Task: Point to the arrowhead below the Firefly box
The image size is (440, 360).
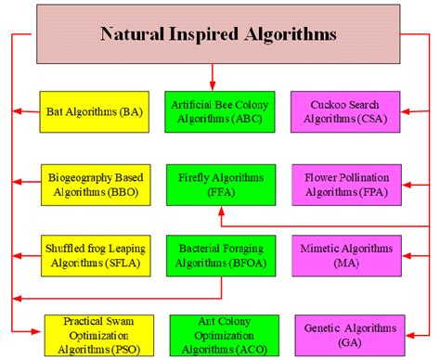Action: pos(219,211)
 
